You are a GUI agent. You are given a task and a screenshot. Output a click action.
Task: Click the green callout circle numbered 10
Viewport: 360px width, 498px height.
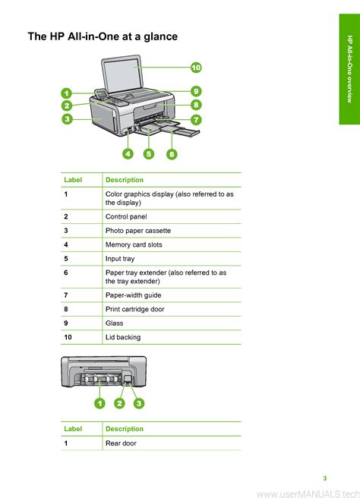click(196, 68)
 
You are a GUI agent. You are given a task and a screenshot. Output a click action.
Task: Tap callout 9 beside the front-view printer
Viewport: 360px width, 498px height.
click(196, 91)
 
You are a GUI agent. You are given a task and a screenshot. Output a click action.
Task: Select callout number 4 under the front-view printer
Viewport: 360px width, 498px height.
click(128, 154)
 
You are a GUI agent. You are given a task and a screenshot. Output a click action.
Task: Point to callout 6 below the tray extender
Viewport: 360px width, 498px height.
click(172, 154)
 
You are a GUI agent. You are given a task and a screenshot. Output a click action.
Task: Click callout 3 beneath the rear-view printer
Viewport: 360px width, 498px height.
click(139, 403)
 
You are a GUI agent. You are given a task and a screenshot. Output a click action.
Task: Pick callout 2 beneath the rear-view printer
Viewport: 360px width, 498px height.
click(119, 403)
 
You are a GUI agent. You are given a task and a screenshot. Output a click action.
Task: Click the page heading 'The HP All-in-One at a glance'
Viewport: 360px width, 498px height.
click(103, 36)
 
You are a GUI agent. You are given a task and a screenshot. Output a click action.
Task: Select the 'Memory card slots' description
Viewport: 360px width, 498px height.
click(134, 244)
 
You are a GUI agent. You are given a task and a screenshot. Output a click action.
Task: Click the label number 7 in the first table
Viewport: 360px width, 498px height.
click(66, 295)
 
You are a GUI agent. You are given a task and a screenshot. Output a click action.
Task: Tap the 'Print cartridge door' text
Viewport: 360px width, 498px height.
click(135, 309)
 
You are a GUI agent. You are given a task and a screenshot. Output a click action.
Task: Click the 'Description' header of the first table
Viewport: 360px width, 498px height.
click(125, 180)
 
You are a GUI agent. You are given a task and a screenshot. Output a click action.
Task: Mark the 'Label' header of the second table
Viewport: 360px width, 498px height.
click(73, 429)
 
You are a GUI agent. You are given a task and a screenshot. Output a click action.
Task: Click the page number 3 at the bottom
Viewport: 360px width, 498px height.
click(325, 478)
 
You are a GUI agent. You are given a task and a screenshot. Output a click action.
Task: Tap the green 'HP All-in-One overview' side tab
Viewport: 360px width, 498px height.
click(349, 69)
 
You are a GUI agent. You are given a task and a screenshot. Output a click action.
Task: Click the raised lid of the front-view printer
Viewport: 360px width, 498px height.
click(122, 74)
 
